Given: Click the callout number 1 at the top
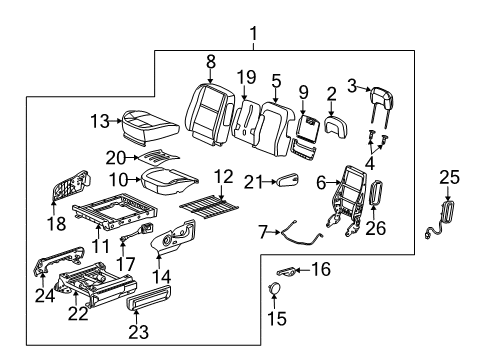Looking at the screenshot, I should pyautogui.click(x=252, y=35).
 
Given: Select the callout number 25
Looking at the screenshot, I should pyautogui.click(x=449, y=177).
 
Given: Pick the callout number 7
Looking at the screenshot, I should pyautogui.click(x=263, y=232).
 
